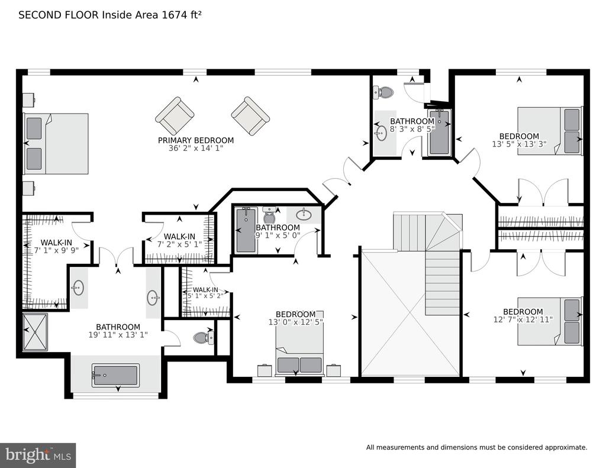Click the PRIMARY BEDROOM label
(195, 140)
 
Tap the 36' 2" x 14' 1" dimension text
(196, 149)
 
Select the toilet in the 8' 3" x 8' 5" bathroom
(383, 92)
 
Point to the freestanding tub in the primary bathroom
(115, 375)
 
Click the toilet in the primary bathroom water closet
(204, 337)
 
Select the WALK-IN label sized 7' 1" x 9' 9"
(56, 243)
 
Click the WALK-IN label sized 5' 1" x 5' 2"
(205, 290)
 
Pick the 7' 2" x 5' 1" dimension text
(179, 244)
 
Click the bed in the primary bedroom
(56, 143)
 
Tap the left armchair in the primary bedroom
(175, 116)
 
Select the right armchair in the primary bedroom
(250, 116)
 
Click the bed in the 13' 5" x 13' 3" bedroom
(550, 131)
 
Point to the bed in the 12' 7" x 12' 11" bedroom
(550, 321)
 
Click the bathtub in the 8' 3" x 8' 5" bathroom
(440, 132)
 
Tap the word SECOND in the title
(40, 15)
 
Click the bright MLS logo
(38, 455)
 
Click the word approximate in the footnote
(566, 447)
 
